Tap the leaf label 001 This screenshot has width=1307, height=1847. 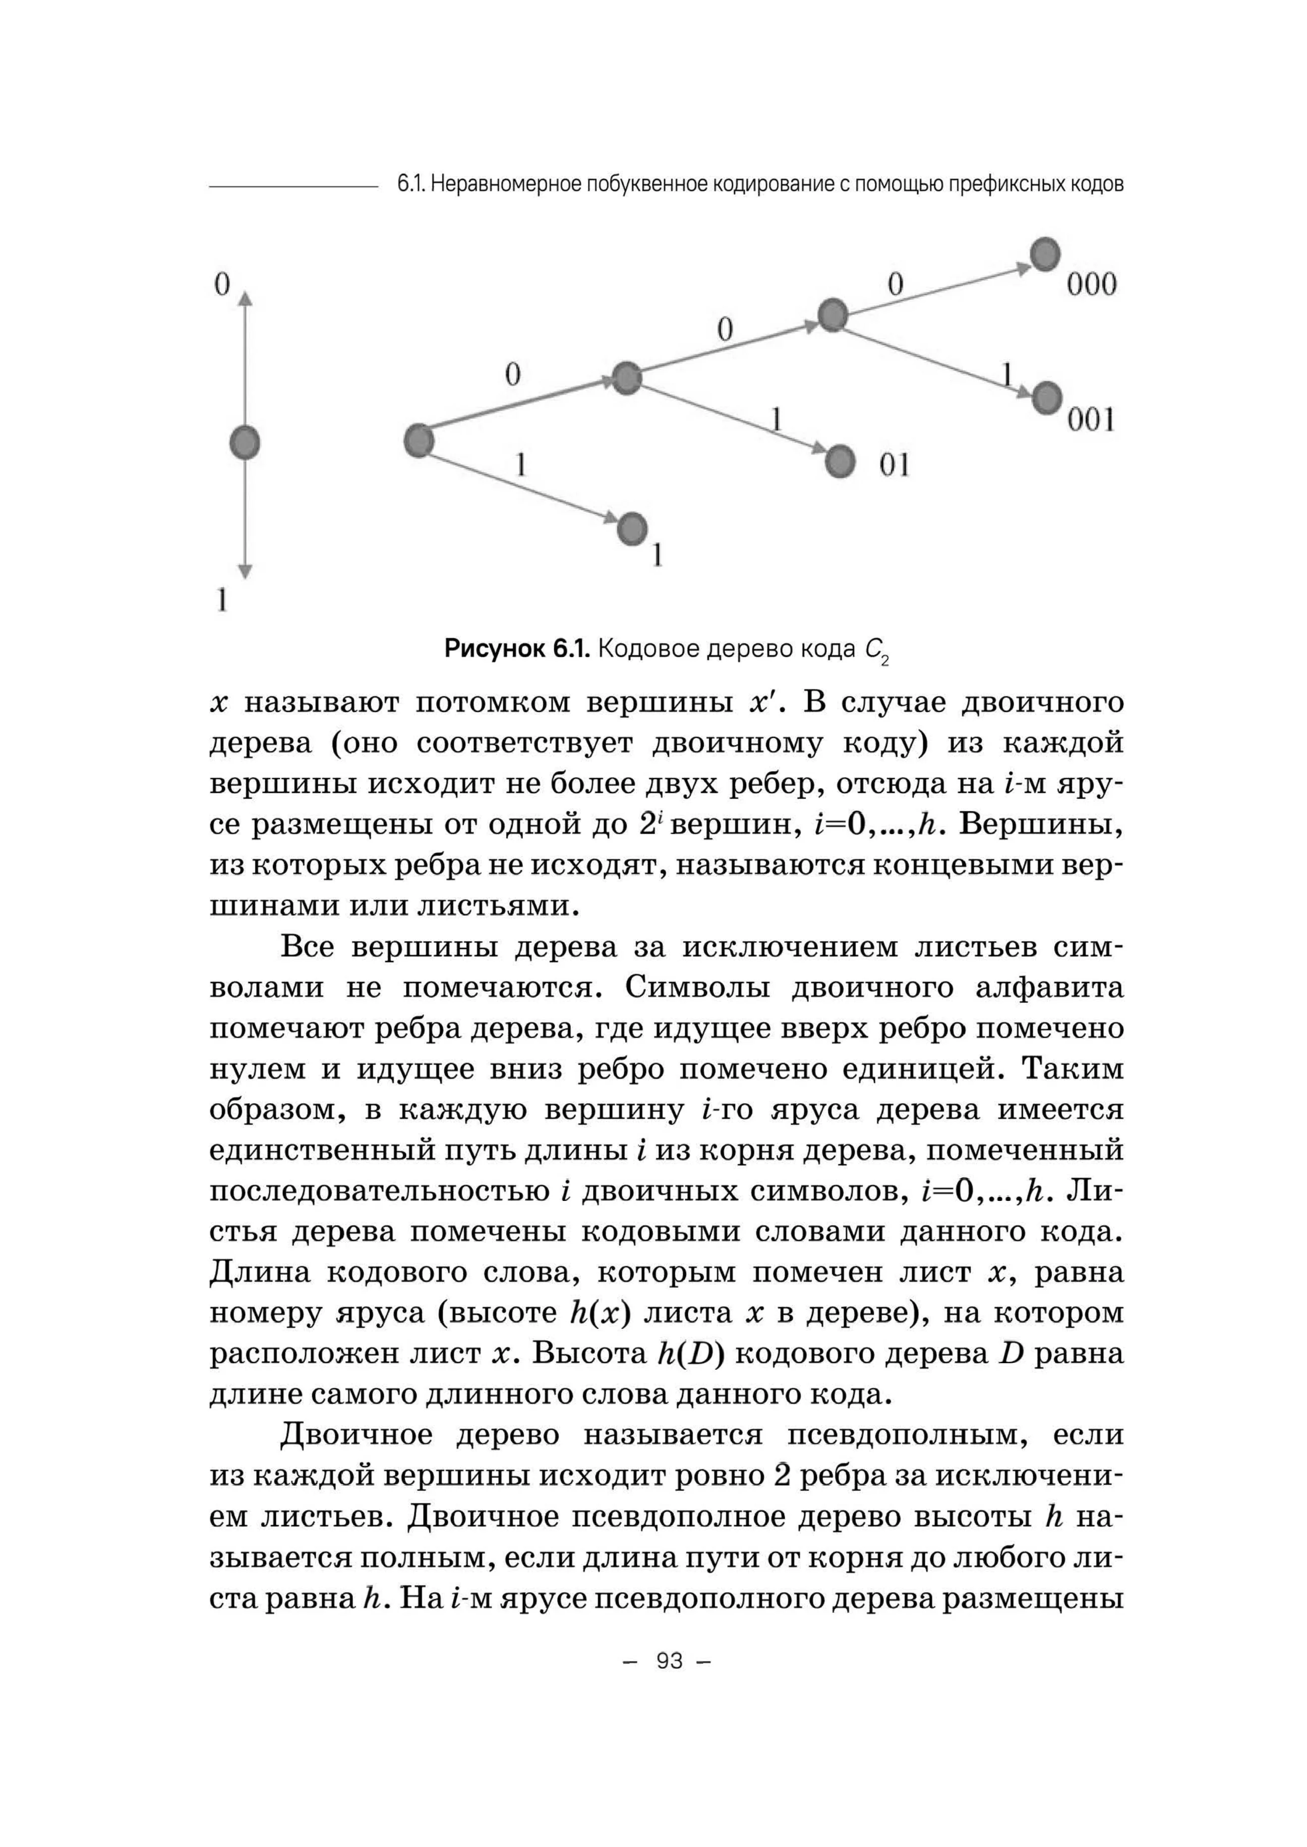[1091, 420]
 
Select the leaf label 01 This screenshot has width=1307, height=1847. [894, 465]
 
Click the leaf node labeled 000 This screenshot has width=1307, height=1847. [1045, 254]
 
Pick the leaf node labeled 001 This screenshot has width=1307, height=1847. [1047, 398]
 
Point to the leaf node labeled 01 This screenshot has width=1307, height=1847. [840, 461]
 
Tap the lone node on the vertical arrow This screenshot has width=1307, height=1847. [245, 442]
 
